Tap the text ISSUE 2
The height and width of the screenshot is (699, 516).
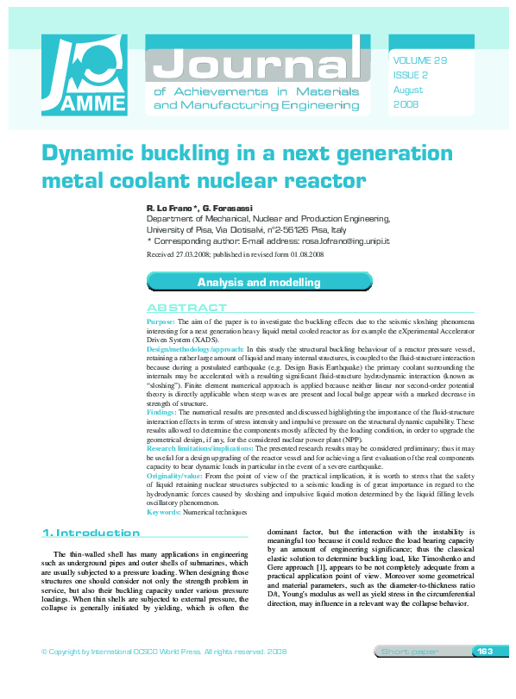[x=410, y=76]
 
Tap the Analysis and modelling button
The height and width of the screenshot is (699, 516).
[x=259, y=282]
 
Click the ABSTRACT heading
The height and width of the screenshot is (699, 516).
[x=186, y=308]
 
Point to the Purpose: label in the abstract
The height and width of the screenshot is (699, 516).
[x=164, y=320]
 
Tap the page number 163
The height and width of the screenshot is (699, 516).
[x=484, y=651]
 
